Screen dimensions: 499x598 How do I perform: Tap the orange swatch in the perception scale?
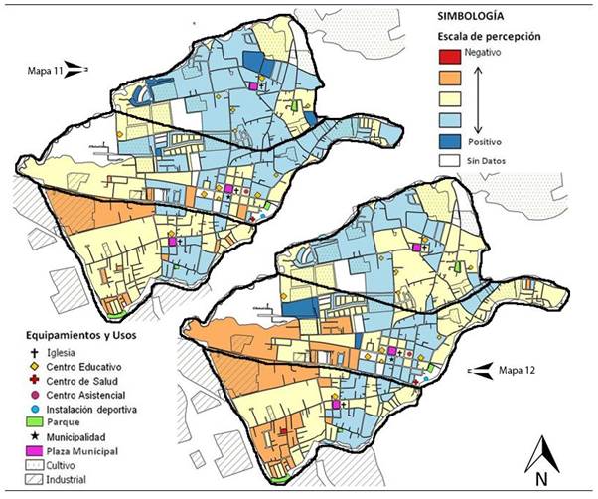click(x=453, y=78)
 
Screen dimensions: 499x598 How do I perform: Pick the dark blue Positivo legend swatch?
click(x=453, y=141)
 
